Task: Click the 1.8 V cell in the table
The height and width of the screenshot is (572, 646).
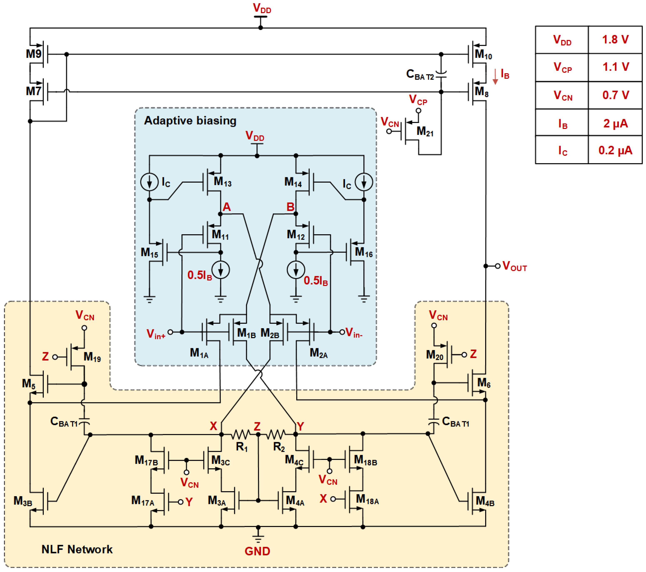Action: coord(615,40)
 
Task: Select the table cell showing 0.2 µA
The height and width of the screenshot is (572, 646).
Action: coord(615,150)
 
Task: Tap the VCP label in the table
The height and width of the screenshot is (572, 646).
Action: coord(562,67)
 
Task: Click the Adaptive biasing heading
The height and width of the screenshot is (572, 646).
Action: coord(190,121)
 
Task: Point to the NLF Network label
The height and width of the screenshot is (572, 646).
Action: coord(77,549)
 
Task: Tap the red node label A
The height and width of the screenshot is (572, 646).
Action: coord(227,207)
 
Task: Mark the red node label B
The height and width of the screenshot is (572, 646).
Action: coord(290,207)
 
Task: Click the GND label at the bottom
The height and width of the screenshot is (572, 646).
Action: coord(257,551)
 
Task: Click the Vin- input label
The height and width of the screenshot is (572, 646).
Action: coord(354,333)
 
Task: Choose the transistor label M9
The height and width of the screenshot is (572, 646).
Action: coord(34,54)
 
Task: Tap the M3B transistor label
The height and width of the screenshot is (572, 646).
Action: coord(23,501)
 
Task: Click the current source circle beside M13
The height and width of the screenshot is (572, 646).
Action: coord(149,182)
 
